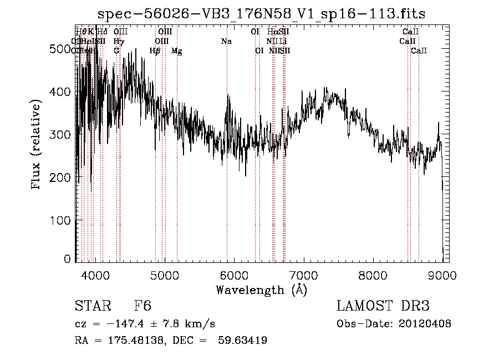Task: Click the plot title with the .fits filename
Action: [x=261, y=14]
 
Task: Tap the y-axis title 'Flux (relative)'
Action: [x=37, y=145]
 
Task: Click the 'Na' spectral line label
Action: [x=226, y=42]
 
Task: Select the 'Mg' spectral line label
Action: [x=176, y=51]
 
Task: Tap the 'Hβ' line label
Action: [x=155, y=51]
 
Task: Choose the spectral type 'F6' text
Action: [x=142, y=307]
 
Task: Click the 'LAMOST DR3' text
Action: [x=383, y=307]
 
